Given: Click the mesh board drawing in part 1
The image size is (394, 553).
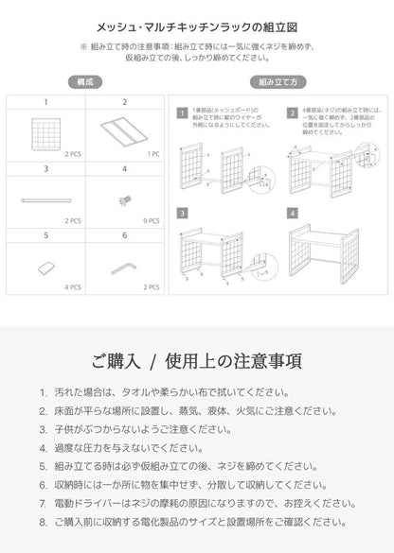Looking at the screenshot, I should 45,130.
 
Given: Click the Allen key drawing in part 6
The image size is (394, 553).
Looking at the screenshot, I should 124,268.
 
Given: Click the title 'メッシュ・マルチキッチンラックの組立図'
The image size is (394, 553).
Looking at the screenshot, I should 197,29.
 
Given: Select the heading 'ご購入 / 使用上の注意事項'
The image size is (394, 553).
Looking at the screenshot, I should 197,362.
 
